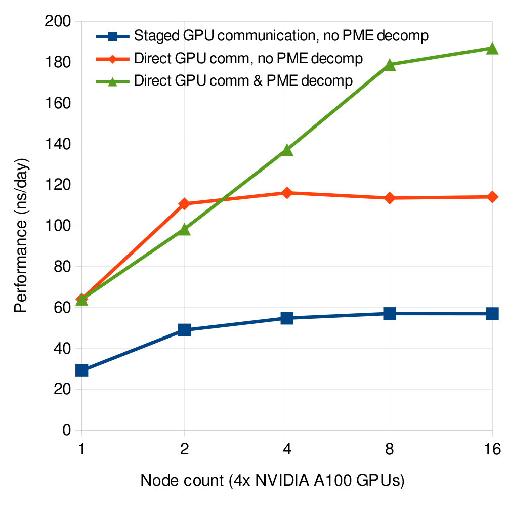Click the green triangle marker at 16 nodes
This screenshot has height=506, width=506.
[x=492, y=49]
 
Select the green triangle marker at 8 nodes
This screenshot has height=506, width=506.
[x=389, y=65]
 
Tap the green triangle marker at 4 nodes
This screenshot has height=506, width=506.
[x=287, y=150]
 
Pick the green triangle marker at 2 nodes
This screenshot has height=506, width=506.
[x=184, y=230]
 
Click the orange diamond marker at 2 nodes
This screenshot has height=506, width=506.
[x=184, y=204]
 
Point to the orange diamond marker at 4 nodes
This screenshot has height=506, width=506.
[x=287, y=193]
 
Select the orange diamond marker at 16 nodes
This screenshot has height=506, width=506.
[x=492, y=197]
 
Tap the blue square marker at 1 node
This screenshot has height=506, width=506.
[x=82, y=370]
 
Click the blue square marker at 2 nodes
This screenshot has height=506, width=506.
[x=184, y=330]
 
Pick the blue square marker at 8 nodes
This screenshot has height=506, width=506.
[x=389, y=314]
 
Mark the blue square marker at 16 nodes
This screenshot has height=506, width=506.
[x=492, y=314]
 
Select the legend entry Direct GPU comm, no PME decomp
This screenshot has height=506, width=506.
[x=248, y=58]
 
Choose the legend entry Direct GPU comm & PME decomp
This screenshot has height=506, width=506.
[x=243, y=81]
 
